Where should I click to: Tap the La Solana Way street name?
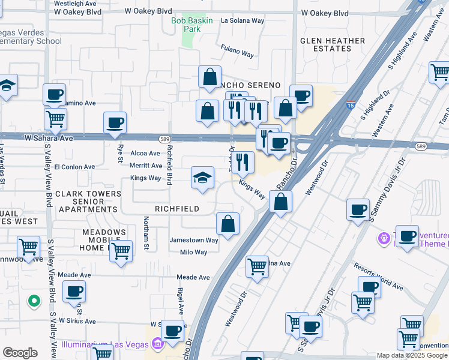pos(243,20)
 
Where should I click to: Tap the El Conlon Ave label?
pos(74,167)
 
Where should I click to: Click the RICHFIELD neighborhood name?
pos(177,209)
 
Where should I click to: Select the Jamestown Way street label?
pos(193,240)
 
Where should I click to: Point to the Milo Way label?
pos(193,253)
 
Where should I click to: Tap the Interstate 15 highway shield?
pos(351,105)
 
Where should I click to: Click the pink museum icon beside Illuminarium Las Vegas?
pos(157,344)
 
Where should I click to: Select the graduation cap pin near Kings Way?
pos(202,178)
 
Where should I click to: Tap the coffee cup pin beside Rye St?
pos(115,124)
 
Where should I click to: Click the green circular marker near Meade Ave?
pos(34,301)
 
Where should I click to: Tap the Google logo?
pos(20,353)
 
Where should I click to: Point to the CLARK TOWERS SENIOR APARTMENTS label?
pos(88,202)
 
